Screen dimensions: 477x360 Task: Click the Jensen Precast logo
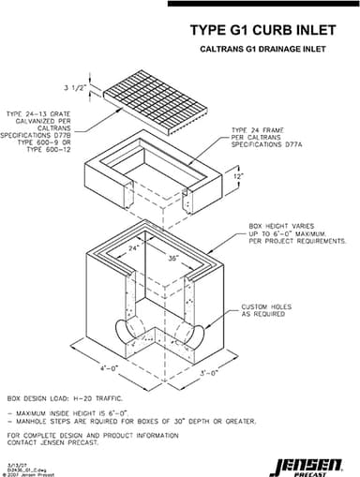311,460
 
